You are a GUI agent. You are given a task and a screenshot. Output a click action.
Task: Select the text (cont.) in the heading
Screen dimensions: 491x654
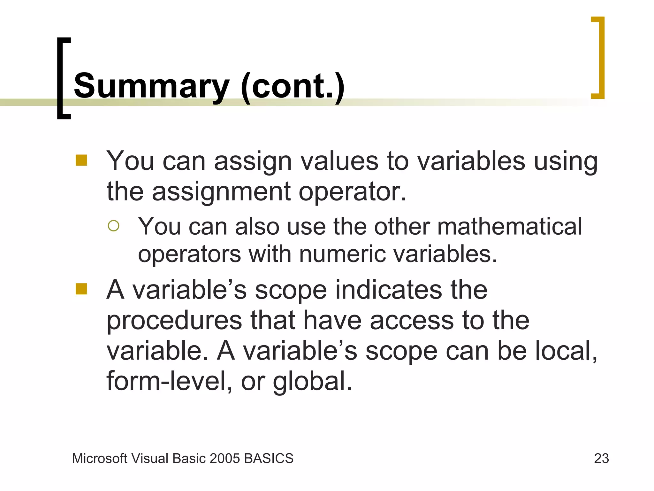[293, 86]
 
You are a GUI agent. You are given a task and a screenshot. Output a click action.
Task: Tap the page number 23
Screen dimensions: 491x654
[601, 458]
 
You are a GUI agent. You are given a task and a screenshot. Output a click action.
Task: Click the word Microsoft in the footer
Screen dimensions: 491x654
[100, 458]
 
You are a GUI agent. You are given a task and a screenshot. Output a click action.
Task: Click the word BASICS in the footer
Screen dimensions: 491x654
[269, 458]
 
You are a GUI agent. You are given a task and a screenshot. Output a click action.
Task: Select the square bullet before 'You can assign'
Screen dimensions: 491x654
[81, 160]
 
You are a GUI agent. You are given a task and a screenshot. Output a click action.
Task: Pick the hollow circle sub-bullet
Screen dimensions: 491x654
[114, 226]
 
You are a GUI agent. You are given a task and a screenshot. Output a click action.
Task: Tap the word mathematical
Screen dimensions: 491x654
[510, 226]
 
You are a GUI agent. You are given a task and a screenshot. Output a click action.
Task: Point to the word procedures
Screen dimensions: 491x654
[174, 321]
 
